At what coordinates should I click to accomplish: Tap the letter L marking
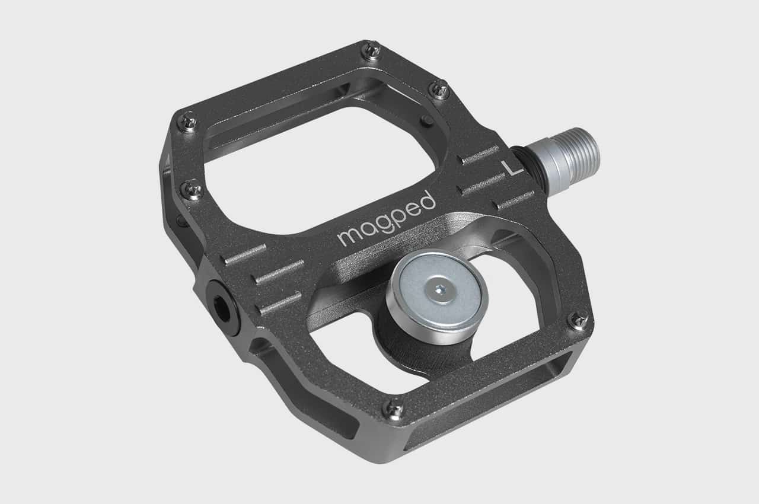[512, 168]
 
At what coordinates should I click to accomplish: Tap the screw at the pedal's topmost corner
[372, 50]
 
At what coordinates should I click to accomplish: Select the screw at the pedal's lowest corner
[394, 407]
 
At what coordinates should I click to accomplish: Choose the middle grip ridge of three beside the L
[484, 184]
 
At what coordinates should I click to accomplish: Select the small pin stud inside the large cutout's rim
[426, 121]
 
